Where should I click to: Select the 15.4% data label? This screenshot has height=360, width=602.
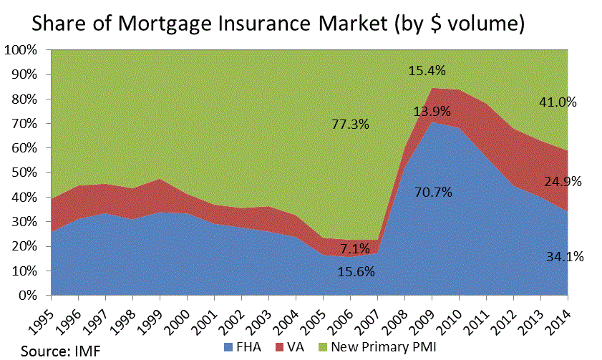427,71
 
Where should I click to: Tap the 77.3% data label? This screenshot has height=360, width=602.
350,125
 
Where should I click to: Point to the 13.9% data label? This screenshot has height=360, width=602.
432,111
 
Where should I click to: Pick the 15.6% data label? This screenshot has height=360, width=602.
356,272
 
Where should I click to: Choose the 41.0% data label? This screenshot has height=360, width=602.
558,102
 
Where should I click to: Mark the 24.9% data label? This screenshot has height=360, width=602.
562,181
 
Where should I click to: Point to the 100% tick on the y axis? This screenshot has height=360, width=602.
25,51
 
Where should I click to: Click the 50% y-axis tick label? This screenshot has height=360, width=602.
28,173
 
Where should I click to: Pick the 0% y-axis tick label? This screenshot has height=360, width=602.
31,296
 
